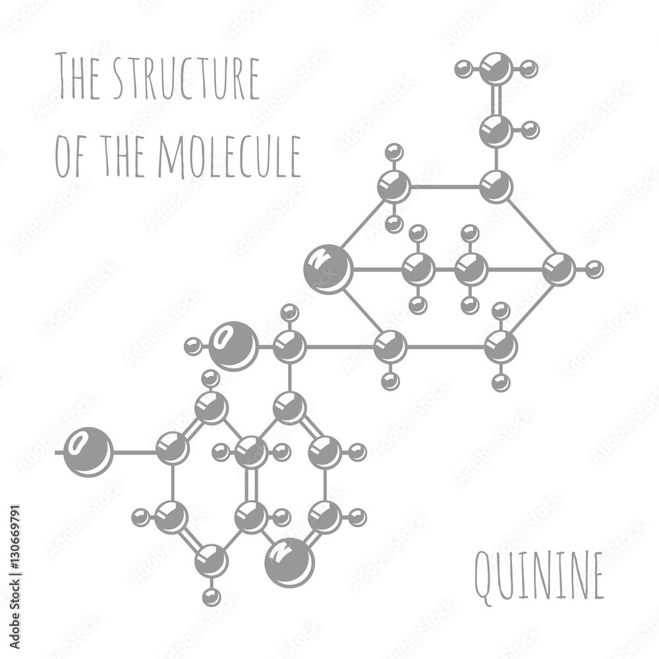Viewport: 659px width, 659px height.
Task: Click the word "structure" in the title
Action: [x=187, y=78]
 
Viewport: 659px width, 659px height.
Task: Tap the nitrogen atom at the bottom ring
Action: [x=289, y=562]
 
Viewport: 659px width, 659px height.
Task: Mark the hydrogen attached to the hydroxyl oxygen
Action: [x=192, y=346]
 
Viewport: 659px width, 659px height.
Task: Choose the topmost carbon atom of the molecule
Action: [x=496, y=68]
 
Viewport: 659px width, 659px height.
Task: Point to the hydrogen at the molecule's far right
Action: [x=594, y=269]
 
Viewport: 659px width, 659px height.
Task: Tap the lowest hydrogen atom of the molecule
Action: [x=211, y=597]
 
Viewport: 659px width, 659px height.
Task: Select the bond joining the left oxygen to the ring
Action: [x=134, y=452]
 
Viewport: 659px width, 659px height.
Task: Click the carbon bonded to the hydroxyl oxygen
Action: [x=289, y=346]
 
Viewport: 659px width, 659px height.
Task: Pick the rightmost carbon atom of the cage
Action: [x=559, y=269]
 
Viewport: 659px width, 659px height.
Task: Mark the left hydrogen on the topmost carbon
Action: [x=464, y=68]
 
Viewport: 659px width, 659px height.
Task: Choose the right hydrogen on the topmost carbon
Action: [x=529, y=68]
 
